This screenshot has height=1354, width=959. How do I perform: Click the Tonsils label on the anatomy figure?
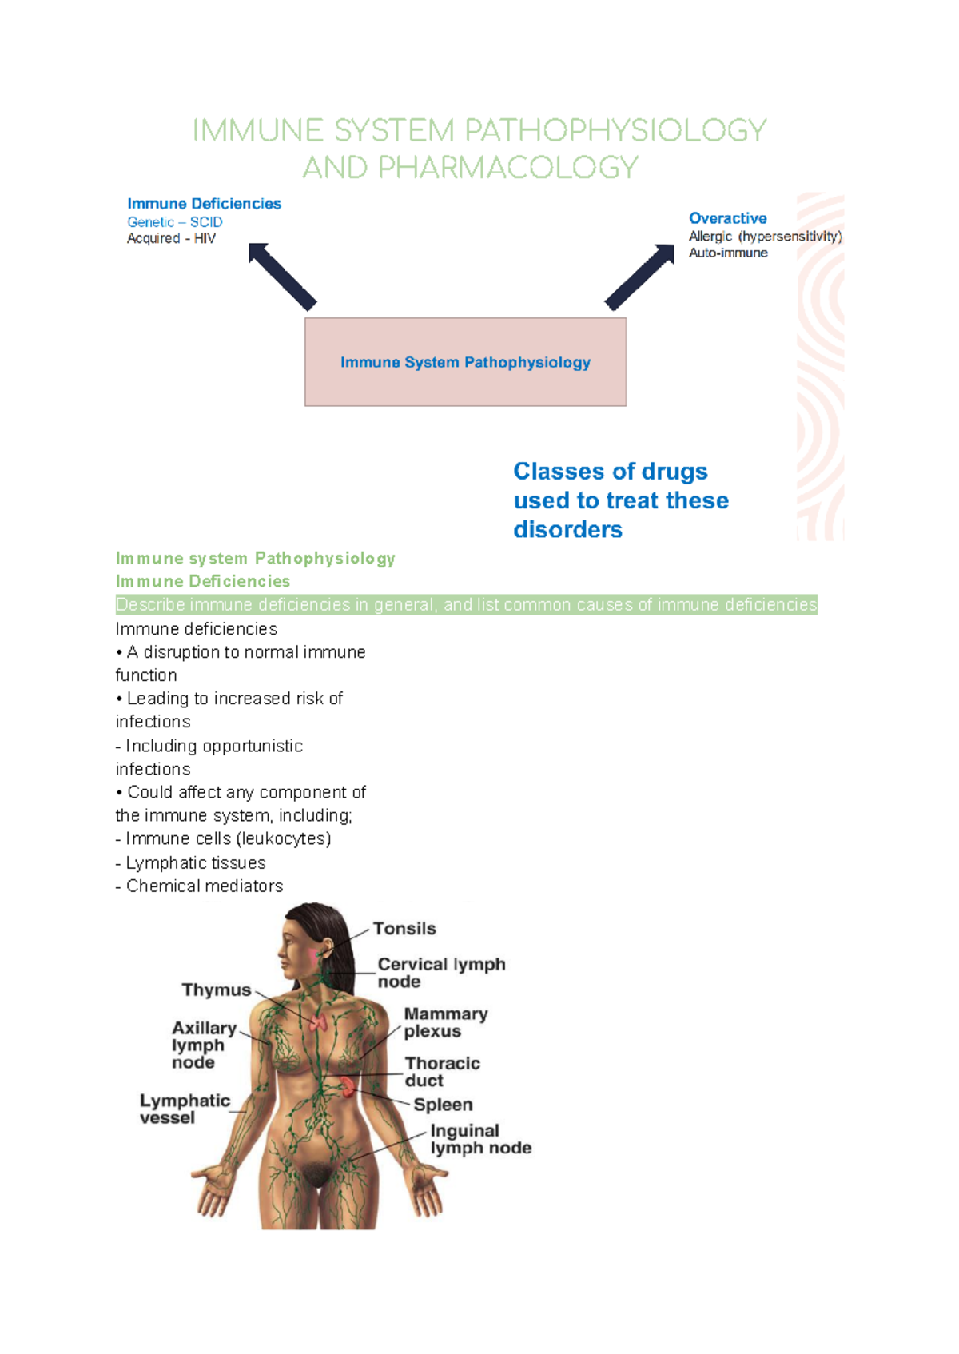pos(404,929)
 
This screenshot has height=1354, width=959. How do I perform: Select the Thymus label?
pos(216,990)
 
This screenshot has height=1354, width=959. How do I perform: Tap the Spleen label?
pos(443,1105)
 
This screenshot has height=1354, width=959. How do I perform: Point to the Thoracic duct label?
pos(442,1072)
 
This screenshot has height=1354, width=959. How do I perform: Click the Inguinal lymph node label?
pos(480,1140)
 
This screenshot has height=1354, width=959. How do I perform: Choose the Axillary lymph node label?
pos(204,1045)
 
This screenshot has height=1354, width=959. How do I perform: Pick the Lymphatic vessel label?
pos(185,1109)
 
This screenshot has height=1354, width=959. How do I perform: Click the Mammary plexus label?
pos(445,1022)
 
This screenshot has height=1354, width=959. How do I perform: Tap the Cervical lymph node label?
pos(441,973)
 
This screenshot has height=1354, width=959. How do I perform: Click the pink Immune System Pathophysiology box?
pos(465,362)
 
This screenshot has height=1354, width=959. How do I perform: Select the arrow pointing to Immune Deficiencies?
pos(281,276)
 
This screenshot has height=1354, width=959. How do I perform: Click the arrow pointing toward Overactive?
pos(640,276)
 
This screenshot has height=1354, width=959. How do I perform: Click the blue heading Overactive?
pos(727,218)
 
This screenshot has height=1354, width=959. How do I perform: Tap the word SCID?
pos(206,222)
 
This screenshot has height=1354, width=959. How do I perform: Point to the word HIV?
pos(205,238)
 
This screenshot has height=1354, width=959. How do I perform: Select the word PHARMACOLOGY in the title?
pos(507,168)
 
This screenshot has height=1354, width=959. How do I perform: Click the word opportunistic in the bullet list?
pos(253,746)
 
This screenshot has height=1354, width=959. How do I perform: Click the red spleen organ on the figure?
pos(348,1085)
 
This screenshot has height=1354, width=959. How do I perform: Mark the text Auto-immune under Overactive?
pos(728,253)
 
